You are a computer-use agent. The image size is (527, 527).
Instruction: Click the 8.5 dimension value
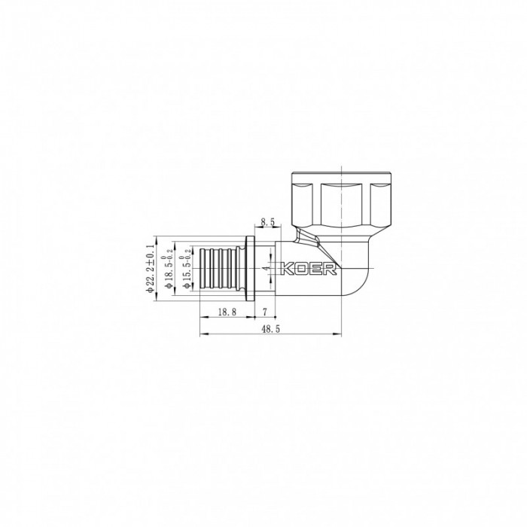pos(267,222)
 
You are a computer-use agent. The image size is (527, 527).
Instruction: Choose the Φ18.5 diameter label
pos(169,269)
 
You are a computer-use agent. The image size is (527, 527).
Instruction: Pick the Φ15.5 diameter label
pos(184,269)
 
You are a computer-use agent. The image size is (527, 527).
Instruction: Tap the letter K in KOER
pos(287,270)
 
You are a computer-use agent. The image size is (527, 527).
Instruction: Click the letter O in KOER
pos(300,270)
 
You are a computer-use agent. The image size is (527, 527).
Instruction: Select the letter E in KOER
pos(312,270)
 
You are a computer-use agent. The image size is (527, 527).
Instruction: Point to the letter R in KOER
pos(324,270)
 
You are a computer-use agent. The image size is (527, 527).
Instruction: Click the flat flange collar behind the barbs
pos(250,269)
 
